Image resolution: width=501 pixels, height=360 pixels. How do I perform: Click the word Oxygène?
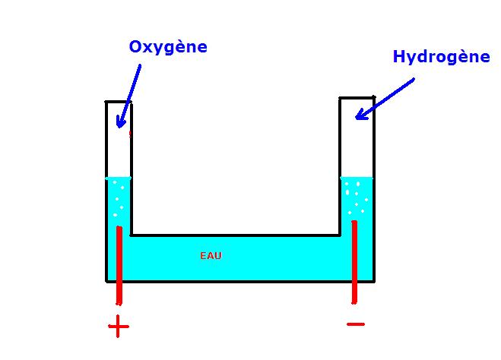[x=168, y=47]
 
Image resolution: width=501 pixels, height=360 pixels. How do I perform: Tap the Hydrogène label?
[x=441, y=57]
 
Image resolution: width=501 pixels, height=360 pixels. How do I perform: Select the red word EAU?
[x=211, y=256]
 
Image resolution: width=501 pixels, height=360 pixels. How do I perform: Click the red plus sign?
[x=119, y=327]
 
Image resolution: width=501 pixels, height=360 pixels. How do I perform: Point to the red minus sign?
[x=355, y=324]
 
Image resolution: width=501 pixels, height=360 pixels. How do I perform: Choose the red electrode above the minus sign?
[x=354, y=258]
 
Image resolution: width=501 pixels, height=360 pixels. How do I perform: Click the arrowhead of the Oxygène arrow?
[x=119, y=122]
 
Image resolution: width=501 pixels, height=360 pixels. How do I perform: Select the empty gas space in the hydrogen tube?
[x=357, y=144]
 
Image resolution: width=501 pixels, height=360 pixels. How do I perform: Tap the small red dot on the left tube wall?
[x=130, y=133]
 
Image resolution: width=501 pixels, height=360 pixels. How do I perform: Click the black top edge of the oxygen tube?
[x=118, y=102]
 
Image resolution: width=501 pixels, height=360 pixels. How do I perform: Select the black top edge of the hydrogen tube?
[x=357, y=97]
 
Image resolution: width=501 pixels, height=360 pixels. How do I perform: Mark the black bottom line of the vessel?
[x=239, y=281]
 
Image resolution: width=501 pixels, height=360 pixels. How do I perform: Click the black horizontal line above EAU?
[x=236, y=235]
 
